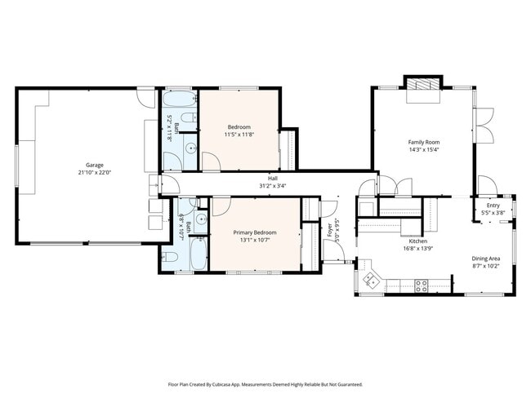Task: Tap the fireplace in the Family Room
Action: (x=422, y=86)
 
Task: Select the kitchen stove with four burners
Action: (x=422, y=285)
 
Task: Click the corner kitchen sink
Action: (x=370, y=279)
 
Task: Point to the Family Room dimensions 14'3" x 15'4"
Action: (x=424, y=150)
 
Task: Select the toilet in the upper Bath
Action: (x=187, y=122)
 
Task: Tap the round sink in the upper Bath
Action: (x=190, y=148)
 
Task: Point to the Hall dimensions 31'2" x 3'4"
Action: (x=272, y=185)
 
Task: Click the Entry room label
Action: (x=493, y=206)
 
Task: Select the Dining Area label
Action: (x=486, y=259)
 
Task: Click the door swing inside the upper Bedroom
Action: (x=210, y=161)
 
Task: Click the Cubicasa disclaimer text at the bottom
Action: (x=265, y=383)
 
